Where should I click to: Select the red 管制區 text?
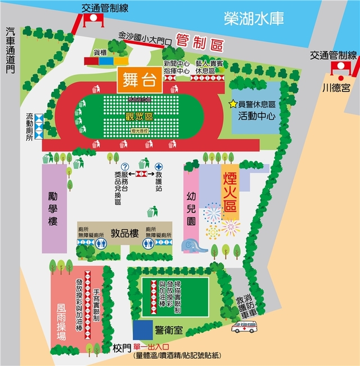199,42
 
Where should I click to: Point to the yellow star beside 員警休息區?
232,104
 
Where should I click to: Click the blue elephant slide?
193,245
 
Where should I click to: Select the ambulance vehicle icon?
245,327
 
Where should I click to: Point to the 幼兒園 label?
191,207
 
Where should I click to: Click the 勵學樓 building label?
53,208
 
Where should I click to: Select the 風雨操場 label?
61,324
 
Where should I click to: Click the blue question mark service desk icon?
125,167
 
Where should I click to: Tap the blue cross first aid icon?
159,167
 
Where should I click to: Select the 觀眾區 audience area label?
139,117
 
